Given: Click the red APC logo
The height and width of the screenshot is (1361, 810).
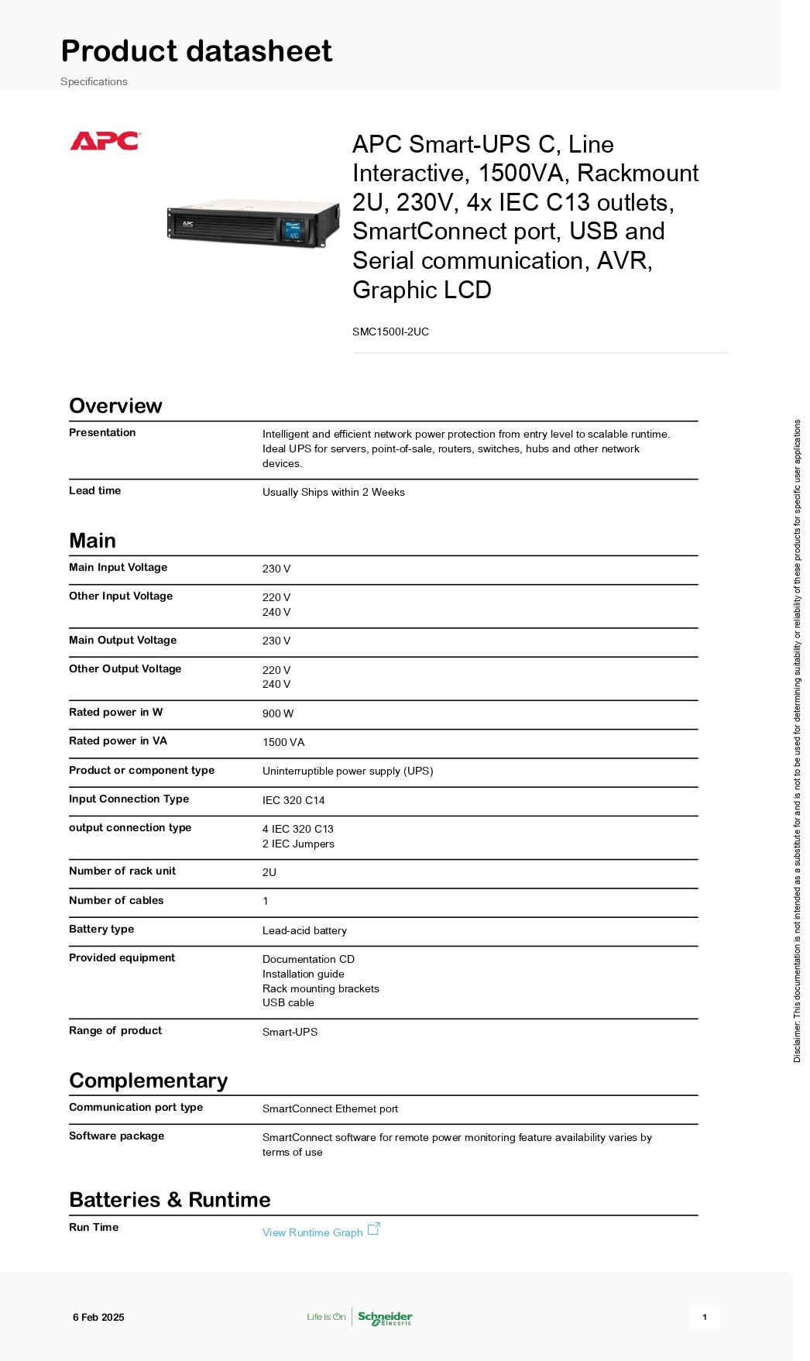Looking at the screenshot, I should (105, 141).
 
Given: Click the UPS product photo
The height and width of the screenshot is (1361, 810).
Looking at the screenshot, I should (253, 223).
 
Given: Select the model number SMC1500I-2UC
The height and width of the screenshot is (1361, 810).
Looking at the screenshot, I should (390, 332).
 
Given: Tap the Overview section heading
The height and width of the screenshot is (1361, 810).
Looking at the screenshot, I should (115, 406).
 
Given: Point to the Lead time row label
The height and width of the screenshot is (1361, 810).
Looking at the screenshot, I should (94, 490).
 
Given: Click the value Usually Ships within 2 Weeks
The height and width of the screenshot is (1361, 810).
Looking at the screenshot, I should (333, 492).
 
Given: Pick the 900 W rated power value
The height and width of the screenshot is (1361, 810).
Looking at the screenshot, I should (277, 713).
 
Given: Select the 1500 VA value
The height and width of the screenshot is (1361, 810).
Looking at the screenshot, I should (283, 742).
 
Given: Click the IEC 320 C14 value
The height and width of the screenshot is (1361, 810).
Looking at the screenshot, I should (293, 800).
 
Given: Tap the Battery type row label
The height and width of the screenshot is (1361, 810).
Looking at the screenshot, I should (101, 929).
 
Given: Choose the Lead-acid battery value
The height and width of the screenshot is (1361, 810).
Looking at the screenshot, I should (304, 930).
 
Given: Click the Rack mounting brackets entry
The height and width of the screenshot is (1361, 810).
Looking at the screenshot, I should (321, 988).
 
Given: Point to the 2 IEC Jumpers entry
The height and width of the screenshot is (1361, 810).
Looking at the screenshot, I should (298, 844).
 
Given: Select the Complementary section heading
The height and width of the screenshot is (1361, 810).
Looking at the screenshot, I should (148, 1081).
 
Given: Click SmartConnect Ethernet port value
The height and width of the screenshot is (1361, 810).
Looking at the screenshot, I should (330, 1108).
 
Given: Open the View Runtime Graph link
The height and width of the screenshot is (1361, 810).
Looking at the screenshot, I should (312, 1232).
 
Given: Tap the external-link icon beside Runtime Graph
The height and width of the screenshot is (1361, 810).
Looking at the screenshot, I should (374, 1229).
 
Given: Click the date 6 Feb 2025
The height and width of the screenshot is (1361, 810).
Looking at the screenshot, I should (98, 1317).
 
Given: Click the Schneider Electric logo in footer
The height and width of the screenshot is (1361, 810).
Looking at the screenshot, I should (385, 1318).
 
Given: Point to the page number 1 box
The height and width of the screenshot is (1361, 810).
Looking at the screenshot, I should (704, 1317).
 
